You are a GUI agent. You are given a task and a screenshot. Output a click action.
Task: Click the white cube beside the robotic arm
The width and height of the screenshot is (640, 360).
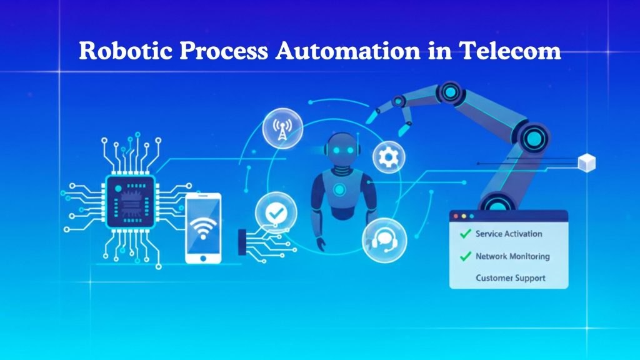point(586,163)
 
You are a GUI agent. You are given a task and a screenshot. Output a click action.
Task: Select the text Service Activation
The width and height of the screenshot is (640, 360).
point(509,234)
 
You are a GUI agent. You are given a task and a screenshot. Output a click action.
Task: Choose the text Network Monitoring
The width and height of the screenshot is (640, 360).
point(512,256)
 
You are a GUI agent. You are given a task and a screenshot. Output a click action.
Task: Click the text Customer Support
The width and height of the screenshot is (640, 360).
point(510,277)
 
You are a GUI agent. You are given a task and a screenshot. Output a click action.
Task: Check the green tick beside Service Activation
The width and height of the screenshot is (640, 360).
point(464,234)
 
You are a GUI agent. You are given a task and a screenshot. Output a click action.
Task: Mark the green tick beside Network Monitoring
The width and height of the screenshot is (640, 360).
point(464,256)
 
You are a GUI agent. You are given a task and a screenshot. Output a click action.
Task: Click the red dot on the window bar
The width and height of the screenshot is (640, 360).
point(456,216)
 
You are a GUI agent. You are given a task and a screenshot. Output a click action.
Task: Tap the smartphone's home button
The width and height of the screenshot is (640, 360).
point(203,257)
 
